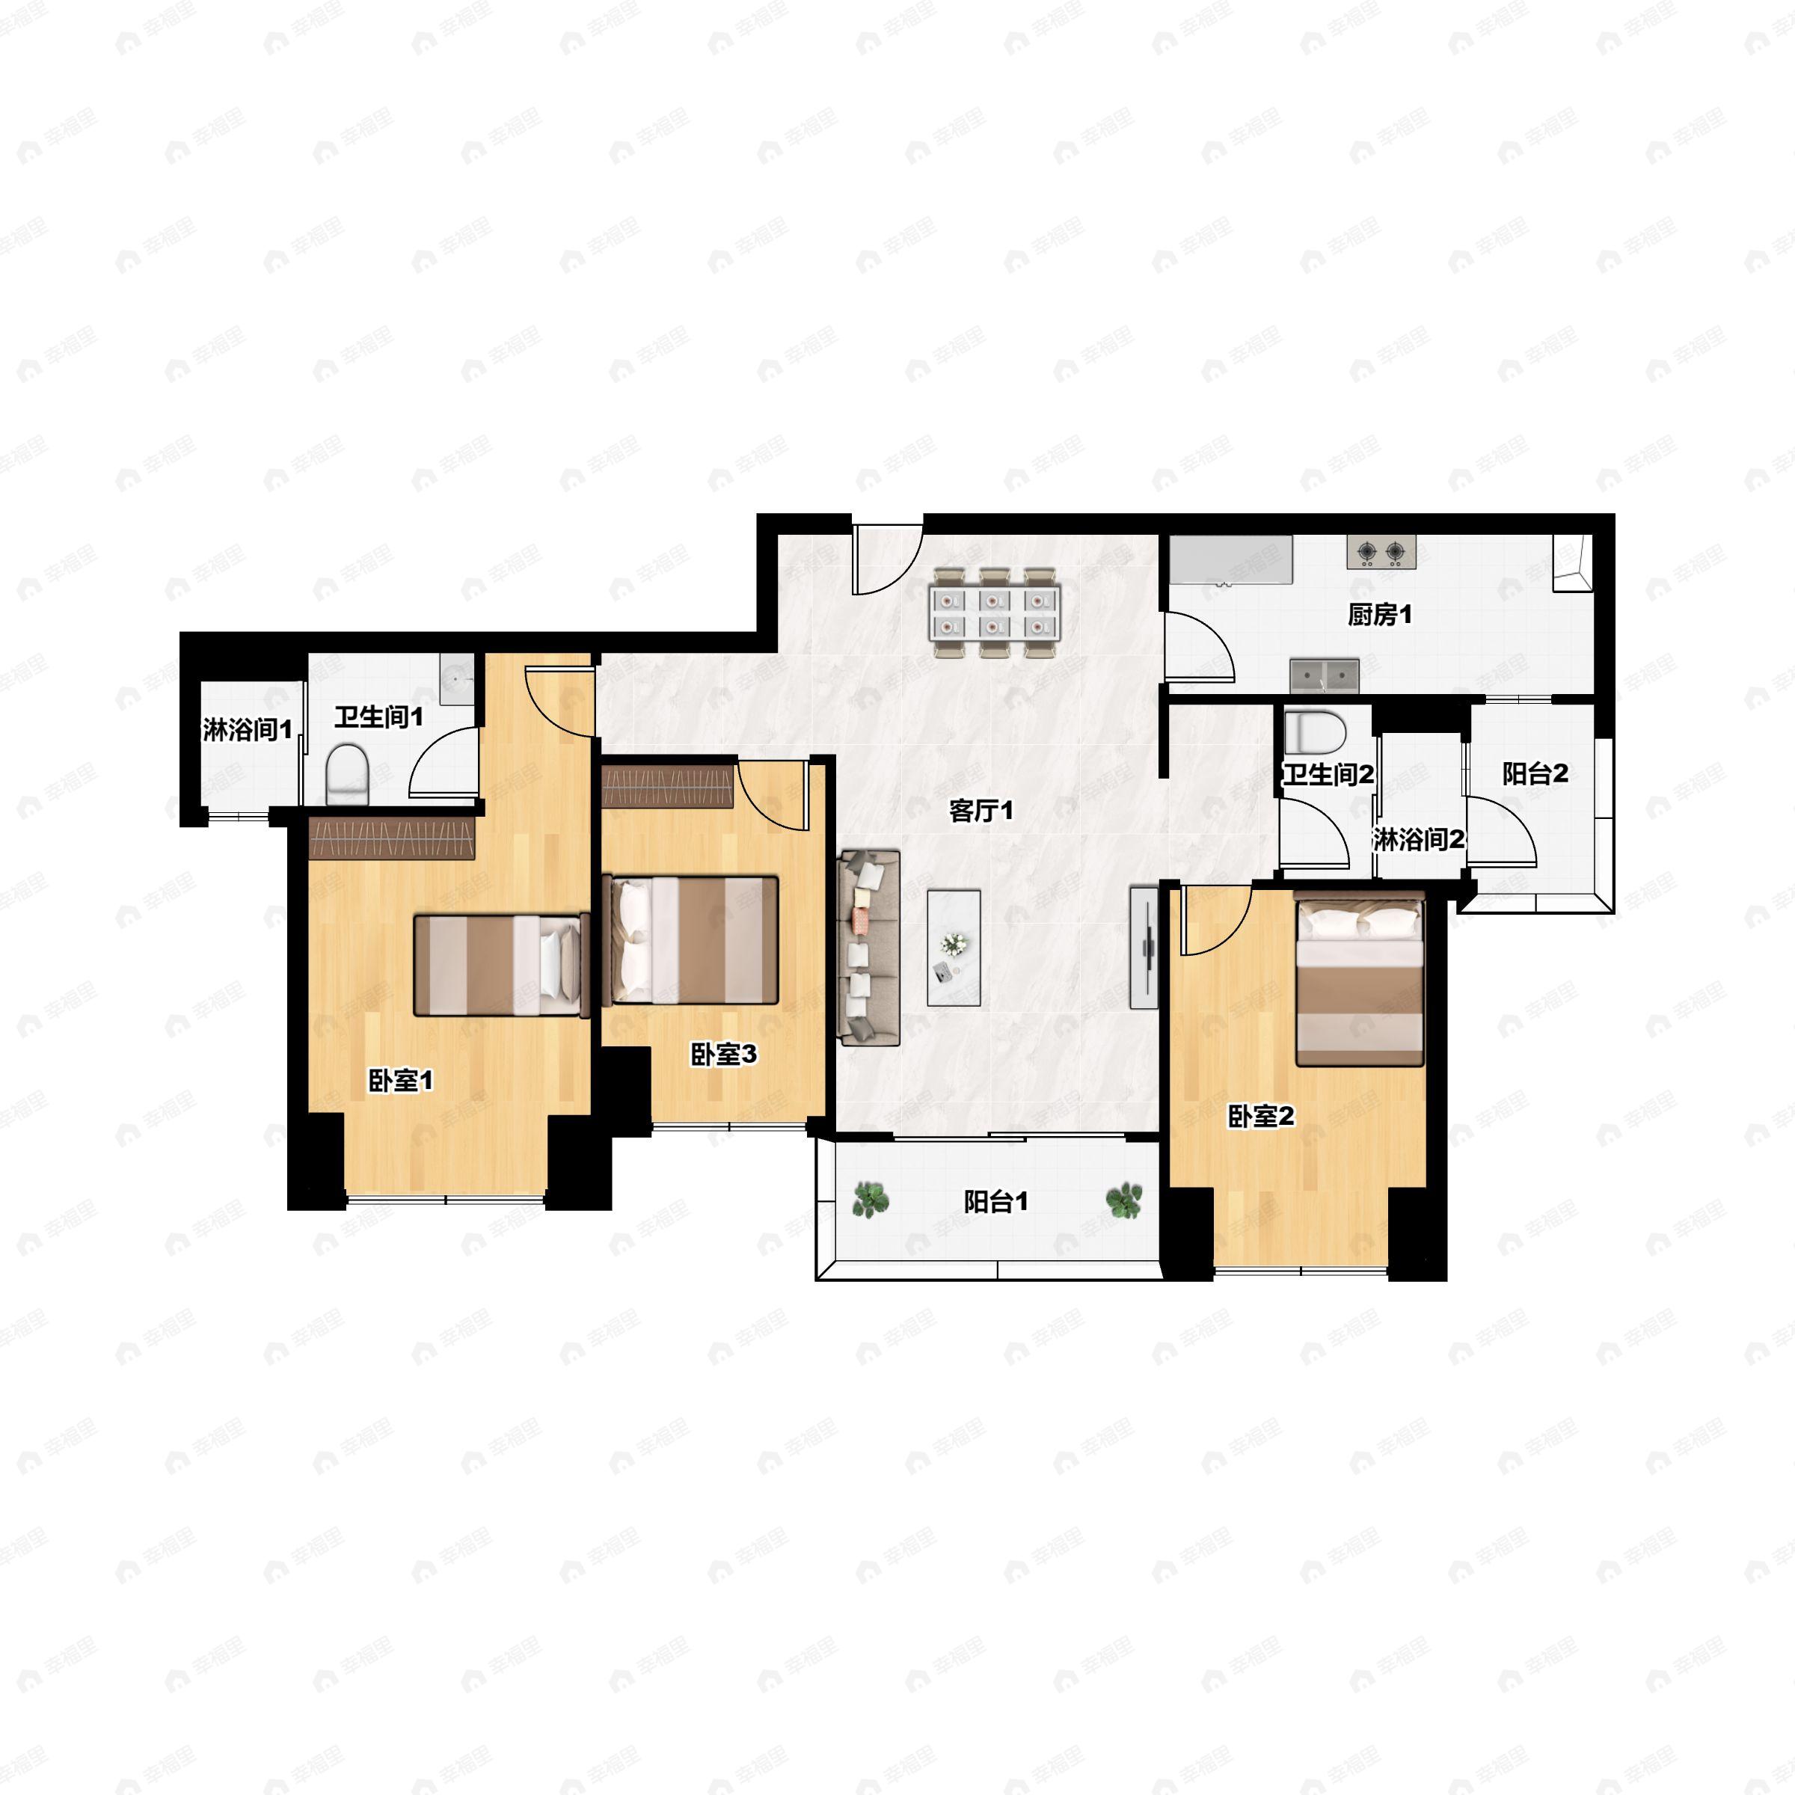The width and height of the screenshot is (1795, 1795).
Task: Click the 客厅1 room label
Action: click(981, 811)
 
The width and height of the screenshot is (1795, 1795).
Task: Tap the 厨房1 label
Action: click(1380, 615)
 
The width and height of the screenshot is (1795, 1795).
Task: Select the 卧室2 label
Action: click(1261, 1117)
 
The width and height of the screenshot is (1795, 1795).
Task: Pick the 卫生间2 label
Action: click(1328, 774)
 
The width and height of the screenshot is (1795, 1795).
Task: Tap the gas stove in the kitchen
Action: click(1381, 553)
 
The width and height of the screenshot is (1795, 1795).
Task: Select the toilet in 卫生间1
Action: click(349, 774)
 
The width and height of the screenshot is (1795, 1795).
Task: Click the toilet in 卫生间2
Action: click(1315, 733)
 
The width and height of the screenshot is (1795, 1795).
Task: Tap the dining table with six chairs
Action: click(994, 613)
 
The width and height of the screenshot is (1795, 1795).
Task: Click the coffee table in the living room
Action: click(954, 948)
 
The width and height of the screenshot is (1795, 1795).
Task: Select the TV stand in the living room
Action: click(1144, 947)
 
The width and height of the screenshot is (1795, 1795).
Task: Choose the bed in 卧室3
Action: click(692, 939)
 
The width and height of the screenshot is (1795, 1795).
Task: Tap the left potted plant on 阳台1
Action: click(870, 1200)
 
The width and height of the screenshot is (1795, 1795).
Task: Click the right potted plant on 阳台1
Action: click(1124, 1200)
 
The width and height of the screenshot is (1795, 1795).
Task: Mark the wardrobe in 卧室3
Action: click(668, 786)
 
